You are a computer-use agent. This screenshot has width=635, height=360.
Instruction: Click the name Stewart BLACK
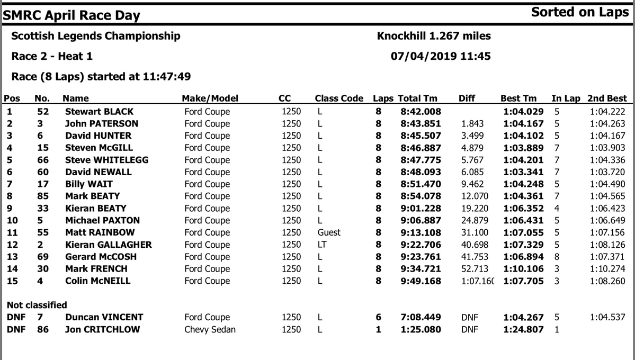pos(99,112)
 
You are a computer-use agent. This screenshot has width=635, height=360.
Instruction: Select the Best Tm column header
pos(518,98)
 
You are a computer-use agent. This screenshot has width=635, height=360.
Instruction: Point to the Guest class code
pos(329,232)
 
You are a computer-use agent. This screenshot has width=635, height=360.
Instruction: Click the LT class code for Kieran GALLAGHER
pos(321,245)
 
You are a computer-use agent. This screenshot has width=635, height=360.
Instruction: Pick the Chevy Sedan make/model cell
pos(210,329)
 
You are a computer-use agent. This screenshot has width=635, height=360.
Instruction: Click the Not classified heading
pos(37,305)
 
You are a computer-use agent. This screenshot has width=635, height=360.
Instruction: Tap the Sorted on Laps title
pos(580,12)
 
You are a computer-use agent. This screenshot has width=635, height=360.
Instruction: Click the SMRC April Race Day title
pos(71,15)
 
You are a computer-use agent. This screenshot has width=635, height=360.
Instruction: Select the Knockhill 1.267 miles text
pos(434,36)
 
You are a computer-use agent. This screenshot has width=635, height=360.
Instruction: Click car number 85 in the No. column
pos(43,196)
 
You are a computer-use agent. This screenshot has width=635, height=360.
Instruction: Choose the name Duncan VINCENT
pos(104,317)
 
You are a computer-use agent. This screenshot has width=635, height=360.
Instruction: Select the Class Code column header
pos(339,98)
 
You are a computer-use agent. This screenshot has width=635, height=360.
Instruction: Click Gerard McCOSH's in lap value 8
pos(557,257)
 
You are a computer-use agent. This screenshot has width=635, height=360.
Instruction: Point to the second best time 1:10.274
pos(607,269)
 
